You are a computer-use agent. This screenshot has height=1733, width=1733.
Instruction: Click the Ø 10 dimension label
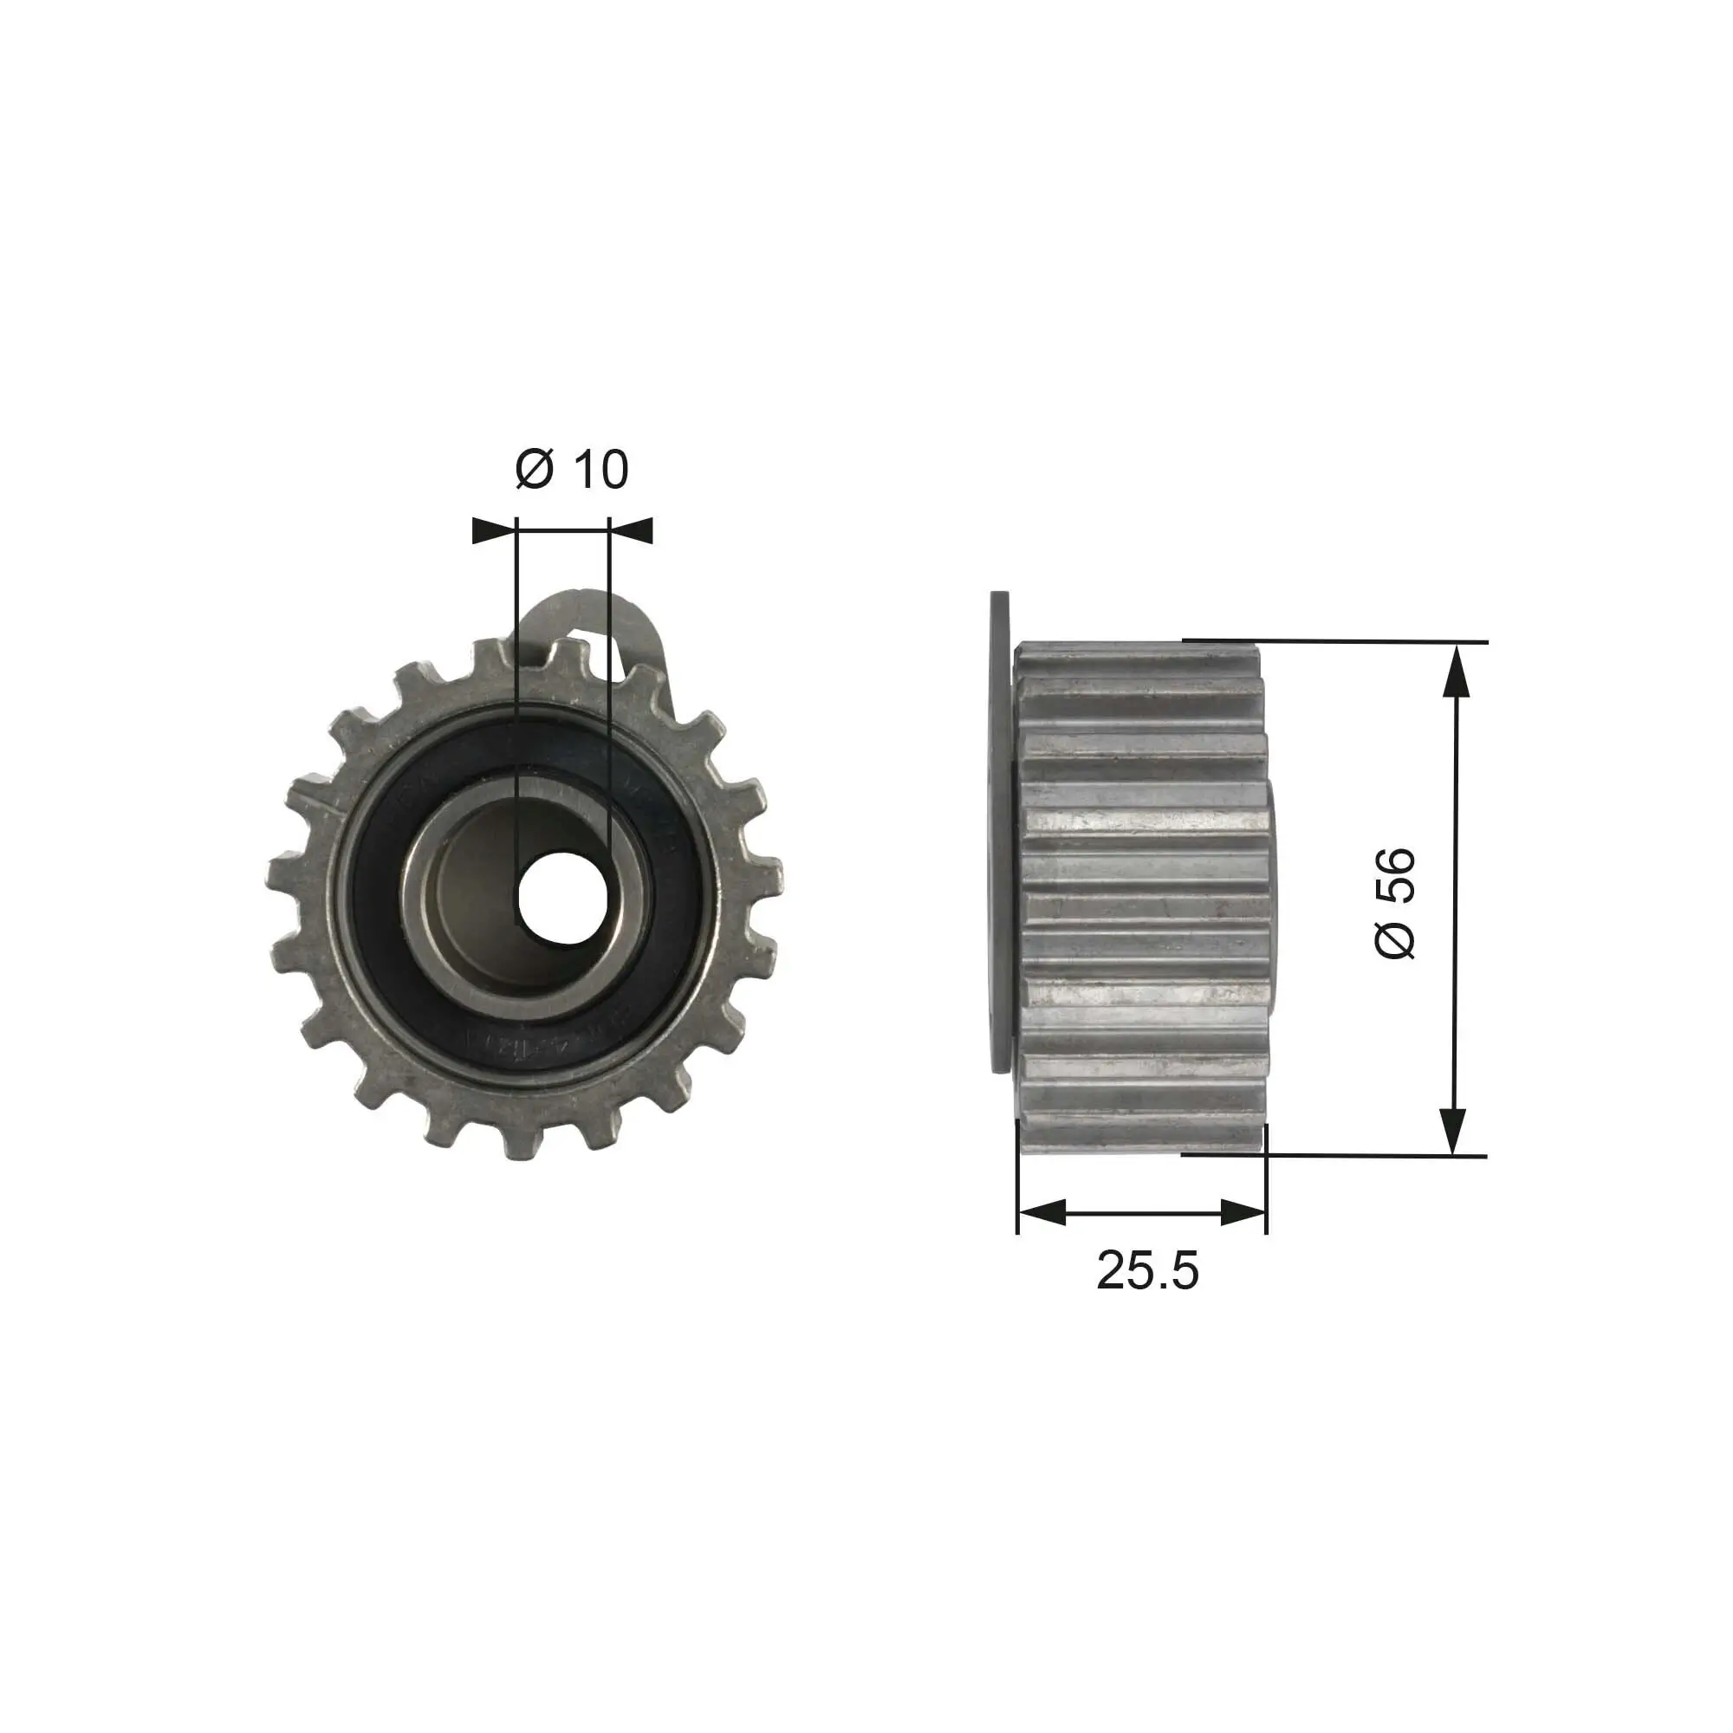(572, 469)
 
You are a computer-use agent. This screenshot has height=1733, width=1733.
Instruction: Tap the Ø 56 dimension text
(1397, 902)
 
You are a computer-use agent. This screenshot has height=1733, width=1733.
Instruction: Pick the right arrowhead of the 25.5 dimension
(1243, 1214)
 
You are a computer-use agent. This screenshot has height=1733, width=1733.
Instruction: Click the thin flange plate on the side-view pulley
(999, 830)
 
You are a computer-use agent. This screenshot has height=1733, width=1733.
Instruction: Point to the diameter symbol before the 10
(535, 469)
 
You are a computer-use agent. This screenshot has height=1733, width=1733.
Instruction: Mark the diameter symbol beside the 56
(1395, 939)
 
